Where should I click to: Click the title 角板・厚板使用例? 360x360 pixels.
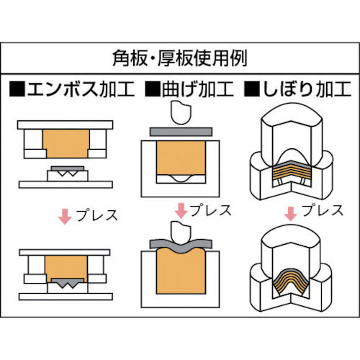[180, 57]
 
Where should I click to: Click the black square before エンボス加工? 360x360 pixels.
[17, 90]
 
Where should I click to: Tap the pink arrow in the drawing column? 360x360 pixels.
[290, 213]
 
